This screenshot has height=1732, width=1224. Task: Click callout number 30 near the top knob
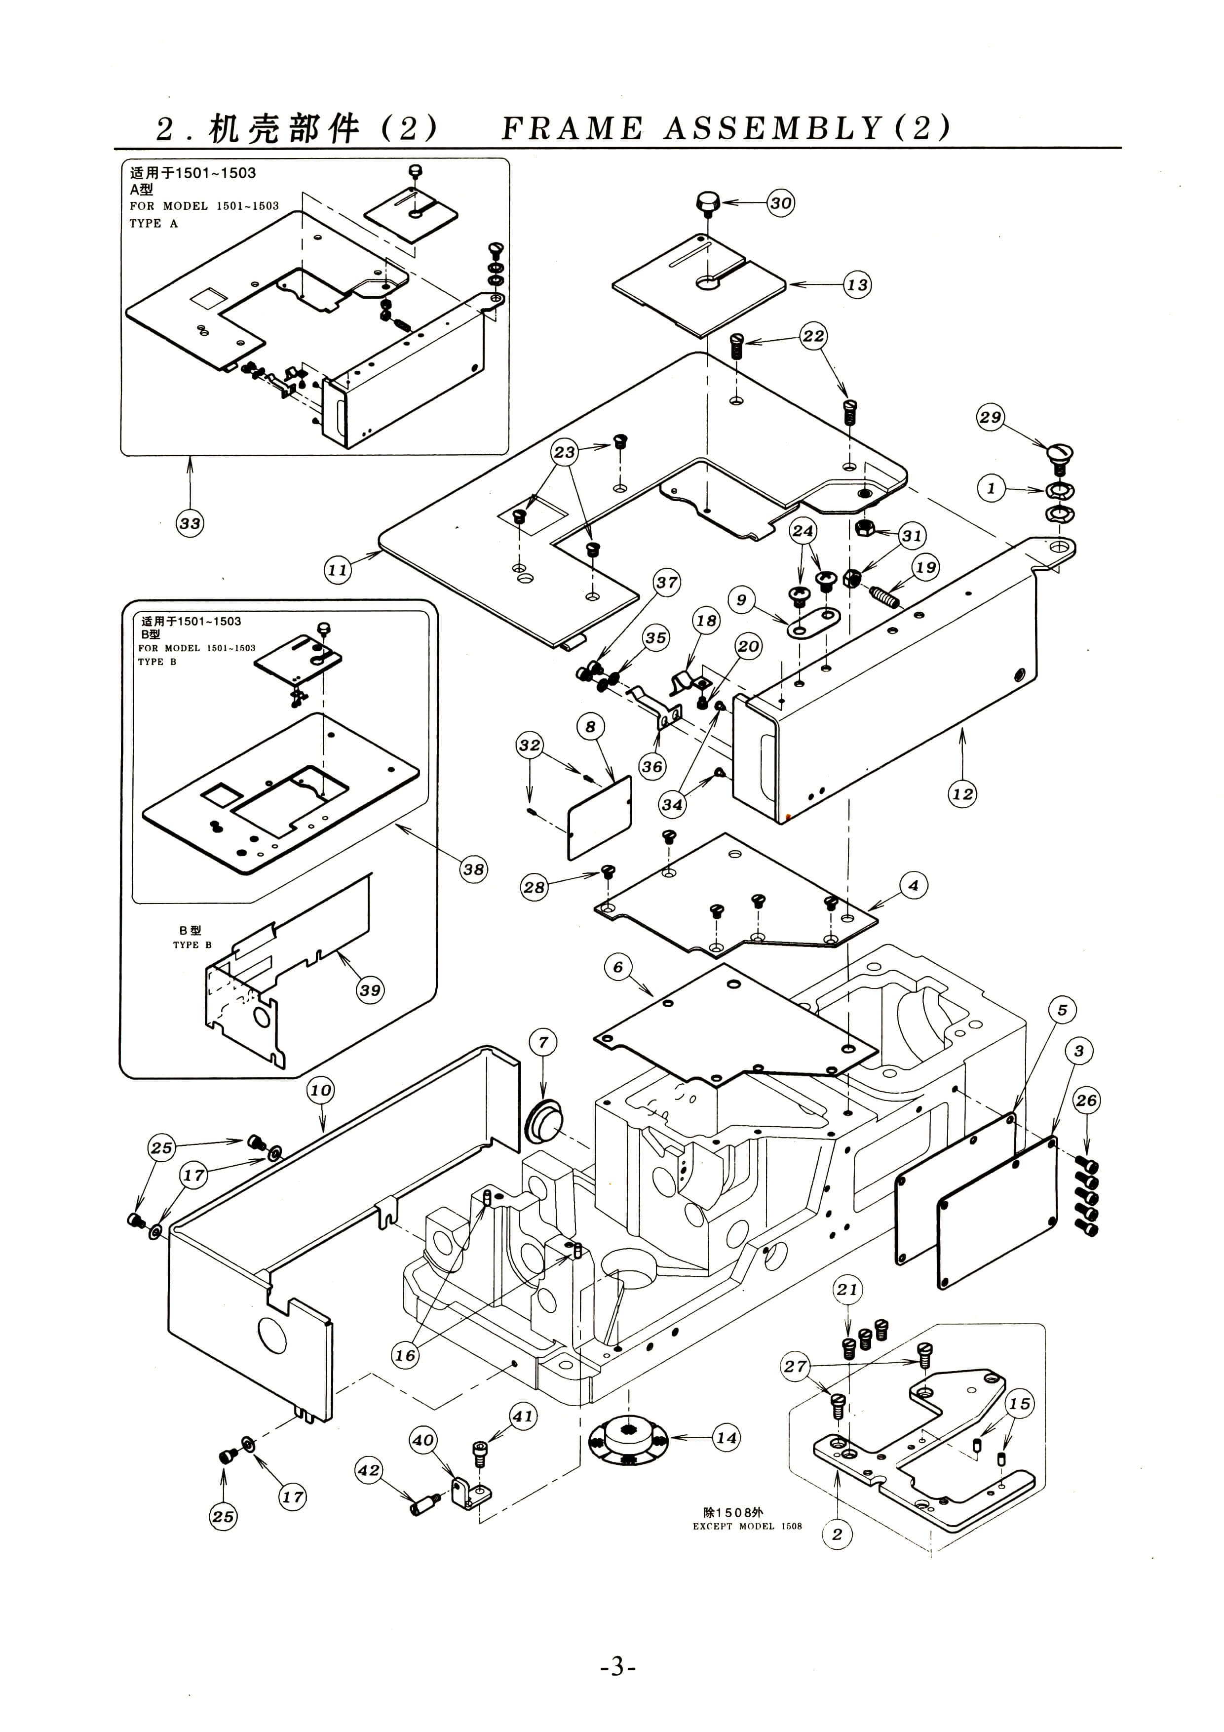tap(781, 203)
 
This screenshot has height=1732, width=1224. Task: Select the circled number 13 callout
tap(857, 285)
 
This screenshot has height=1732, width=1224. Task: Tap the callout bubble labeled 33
tap(190, 523)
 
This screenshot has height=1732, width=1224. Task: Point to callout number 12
tap(962, 793)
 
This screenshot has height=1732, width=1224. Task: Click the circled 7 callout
tap(543, 1043)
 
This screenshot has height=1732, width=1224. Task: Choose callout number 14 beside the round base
tap(726, 1438)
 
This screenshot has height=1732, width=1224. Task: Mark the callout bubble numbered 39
tap(370, 990)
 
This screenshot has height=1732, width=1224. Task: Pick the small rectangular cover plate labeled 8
tap(600, 818)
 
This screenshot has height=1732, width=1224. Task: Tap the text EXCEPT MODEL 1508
tap(747, 1526)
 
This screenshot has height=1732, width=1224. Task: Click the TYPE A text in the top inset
tap(154, 223)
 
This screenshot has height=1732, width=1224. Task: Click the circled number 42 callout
tap(369, 1470)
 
